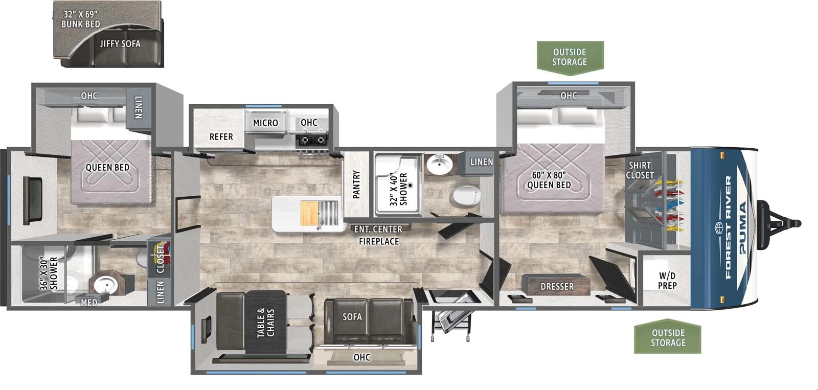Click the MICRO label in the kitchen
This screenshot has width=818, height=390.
point(265,123)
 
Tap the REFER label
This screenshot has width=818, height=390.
point(221,137)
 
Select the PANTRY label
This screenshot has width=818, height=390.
point(356,184)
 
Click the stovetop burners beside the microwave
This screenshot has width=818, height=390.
point(312,139)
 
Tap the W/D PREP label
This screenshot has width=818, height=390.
point(667,281)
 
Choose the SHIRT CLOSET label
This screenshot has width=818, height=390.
point(640,170)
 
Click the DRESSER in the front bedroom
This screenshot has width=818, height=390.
point(557,286)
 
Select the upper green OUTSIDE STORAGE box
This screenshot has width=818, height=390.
point(570,56)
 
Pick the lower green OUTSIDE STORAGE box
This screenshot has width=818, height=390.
point(668,337)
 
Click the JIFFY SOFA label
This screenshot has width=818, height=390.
point(120,44)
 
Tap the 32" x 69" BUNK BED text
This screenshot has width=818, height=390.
point(80,19)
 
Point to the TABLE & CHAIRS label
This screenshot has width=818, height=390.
point(265,323)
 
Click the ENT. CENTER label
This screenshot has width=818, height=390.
point(378,230)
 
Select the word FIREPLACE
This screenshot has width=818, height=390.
point(378,241)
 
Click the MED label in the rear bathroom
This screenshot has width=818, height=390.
point(89,303)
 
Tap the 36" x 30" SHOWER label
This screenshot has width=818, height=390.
point(49,273)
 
